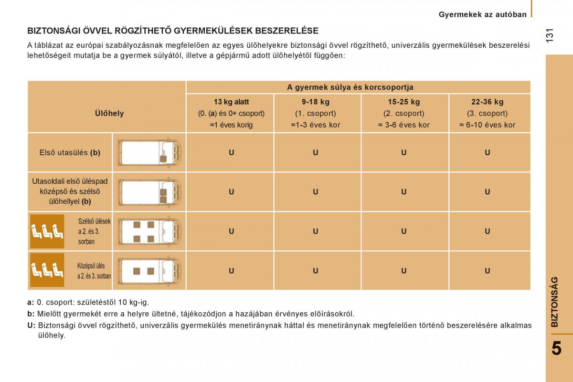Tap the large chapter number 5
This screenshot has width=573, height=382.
click(x=556, y=349)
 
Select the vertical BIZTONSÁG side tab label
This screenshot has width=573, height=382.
click(x=554, y=301)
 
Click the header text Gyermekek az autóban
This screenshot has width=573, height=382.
click(x=483, y=14)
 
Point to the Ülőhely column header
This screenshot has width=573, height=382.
click(x=109, y=113)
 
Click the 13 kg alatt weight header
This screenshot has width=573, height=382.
click(x=231, y=102)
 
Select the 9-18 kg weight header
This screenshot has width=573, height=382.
click(x=316, y=102)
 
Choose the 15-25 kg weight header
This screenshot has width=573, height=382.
click(x=403, y=102)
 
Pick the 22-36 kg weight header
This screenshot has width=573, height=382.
click(x=487, y=102)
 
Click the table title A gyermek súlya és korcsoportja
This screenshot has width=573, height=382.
click(x=350, y=87)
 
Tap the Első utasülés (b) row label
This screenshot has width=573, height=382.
click(x=70, y=153)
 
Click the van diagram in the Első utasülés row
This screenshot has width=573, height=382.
click(x=149, y=153)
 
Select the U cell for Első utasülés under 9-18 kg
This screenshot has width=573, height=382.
click(x=316, y=153)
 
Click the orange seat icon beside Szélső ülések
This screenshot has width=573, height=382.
click(x=47, y=231)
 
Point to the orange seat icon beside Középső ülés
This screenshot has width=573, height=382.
click(x=47, y=270)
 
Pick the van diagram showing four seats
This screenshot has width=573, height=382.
click(x=149, y=231)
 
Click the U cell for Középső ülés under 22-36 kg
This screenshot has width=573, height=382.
click(x=487, y=271)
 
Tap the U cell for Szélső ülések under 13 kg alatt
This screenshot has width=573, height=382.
click(x=231, y=231)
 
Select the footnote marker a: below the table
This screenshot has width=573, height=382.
click(x=31, y=302)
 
